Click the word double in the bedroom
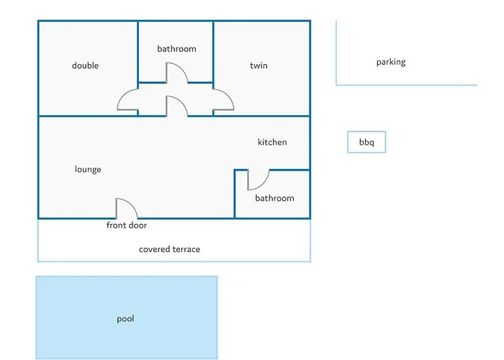tap(85, 66)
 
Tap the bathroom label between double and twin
tap(176, 49)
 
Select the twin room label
tap(258, 66)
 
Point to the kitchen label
tap(272, 142)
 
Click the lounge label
tap(88, 169)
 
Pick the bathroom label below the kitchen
tap(274, 198)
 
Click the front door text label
tap(127, 225)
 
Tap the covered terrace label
tap(169, 249)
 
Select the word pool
tap(125, 318)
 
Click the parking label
tap(391, 62)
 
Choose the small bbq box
tap(366, 143)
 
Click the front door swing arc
tap(128, 207)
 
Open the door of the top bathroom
tap(177, 73)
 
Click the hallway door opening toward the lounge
tap(177, 106)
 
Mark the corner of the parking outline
tap(337, 85)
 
